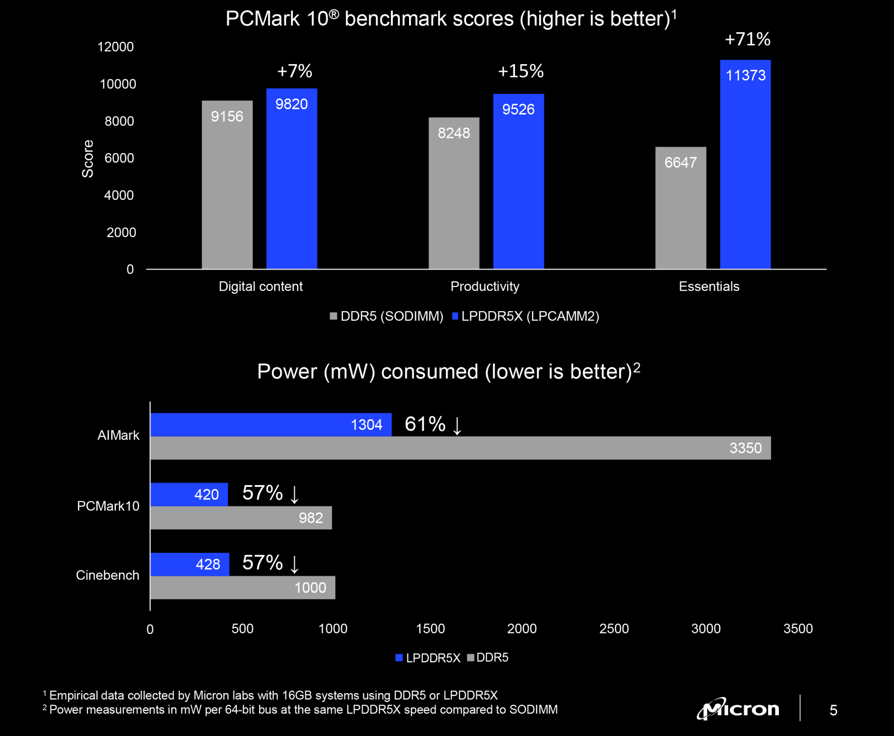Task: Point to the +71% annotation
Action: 747,39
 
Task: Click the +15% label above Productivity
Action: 520,71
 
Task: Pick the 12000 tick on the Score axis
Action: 115,47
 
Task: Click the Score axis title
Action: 88,158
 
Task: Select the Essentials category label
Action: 709,286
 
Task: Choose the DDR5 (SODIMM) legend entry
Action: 387,316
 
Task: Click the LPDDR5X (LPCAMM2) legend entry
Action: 526,316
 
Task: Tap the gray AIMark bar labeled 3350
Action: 460,448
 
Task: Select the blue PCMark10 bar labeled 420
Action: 189,494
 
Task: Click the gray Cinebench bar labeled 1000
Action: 242,588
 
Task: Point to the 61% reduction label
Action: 425,424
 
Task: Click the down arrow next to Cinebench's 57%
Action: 295,564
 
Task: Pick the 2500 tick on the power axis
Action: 614,629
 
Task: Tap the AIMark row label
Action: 118,435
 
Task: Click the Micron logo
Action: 738,709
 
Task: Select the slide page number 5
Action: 833,710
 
